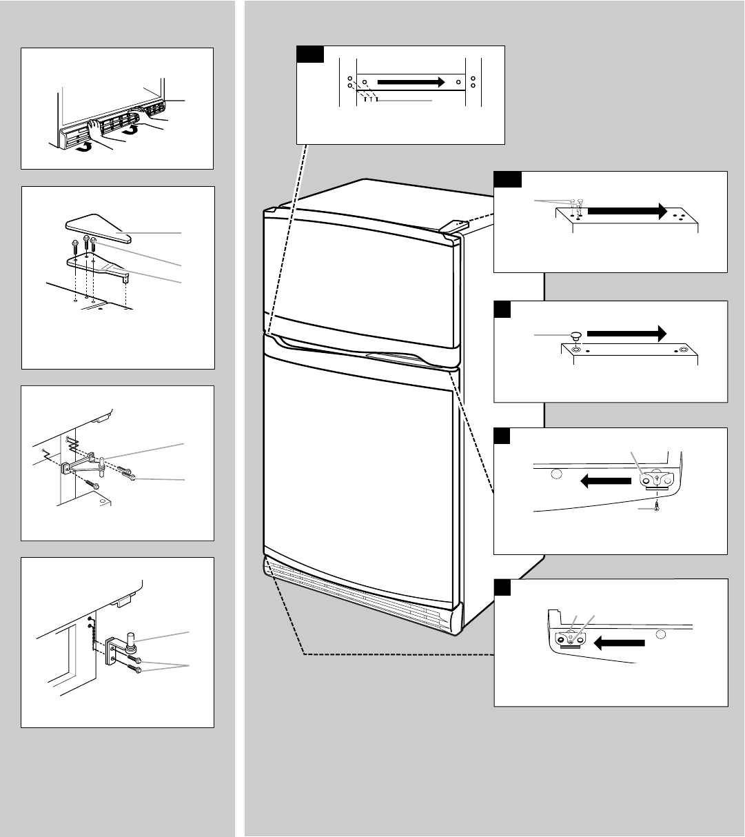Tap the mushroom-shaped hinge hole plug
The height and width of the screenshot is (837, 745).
coord(575,336)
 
